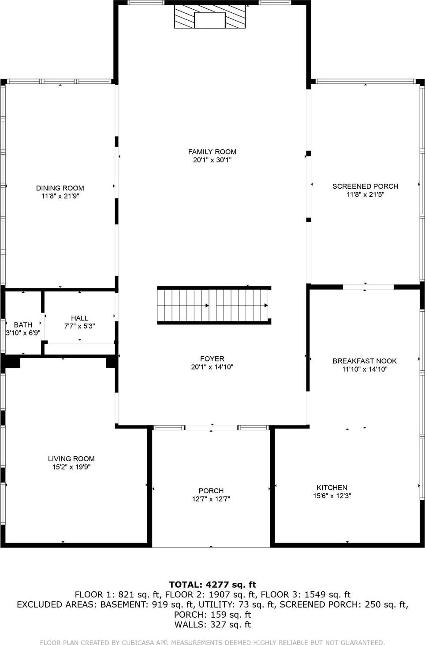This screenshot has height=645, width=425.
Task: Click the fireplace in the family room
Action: (x=210, y=18)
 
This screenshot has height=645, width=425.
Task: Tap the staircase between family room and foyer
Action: (x=214, y=306)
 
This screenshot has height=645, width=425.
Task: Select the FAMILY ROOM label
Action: (x=212, y=152)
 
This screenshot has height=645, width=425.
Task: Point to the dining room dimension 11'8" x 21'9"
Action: (x=60, y=196)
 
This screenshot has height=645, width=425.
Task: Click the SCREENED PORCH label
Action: (x=365, y=186)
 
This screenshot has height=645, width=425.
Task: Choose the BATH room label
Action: (x=23, y=325)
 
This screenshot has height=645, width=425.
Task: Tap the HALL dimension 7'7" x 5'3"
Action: (x=79, y=326)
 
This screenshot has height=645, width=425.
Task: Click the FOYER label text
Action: (x=212, y=359)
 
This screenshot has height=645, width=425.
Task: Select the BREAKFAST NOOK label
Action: (x=364, y=361)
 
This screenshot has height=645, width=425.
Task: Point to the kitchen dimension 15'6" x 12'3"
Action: (x=332, y=496)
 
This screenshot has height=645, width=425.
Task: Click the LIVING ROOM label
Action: (x=71, y=459)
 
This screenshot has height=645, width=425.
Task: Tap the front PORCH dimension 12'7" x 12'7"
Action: (x=211, y=499)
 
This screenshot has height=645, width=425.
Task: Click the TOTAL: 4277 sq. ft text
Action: (x=212, y=585)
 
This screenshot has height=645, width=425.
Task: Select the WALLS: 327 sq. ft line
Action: (x=212, y=624)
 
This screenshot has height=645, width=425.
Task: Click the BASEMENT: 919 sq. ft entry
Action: (x=147, y=604)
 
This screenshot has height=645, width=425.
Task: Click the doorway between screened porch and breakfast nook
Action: (x=368, y=287)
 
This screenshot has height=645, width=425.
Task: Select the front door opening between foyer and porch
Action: (x=211, y=427)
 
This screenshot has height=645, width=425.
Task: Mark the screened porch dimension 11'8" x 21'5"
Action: (x=365, y=194)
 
